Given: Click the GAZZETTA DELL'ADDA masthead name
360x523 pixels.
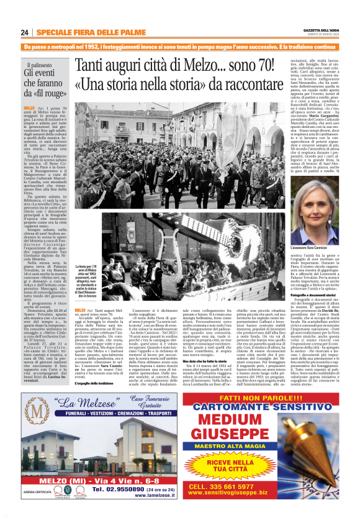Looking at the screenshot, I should point(318,30).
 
